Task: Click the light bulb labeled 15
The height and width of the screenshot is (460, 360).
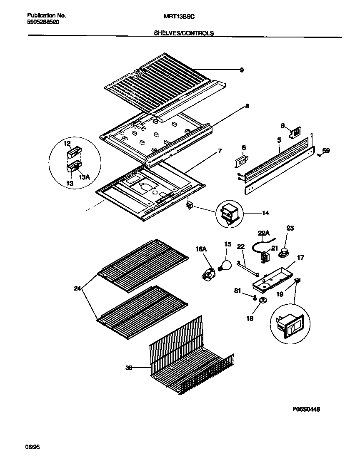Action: [x=226, y=265]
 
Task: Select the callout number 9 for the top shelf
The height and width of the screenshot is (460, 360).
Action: [x=241, y=70]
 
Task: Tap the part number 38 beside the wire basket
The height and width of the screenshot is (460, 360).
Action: [x=129, y=368]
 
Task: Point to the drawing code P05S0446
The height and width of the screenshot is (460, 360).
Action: [x=306, y=409]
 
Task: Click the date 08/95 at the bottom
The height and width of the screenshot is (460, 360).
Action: [x=32, y=448]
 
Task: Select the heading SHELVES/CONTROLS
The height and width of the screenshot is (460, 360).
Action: [x=184, y=33]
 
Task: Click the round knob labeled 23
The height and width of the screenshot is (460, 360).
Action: [x=285, y=251]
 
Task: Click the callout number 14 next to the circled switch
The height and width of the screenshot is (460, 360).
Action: [x=265, y=213]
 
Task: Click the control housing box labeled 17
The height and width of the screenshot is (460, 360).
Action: [x=271, y=279]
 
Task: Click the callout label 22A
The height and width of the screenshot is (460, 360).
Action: [x=264, y=234]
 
